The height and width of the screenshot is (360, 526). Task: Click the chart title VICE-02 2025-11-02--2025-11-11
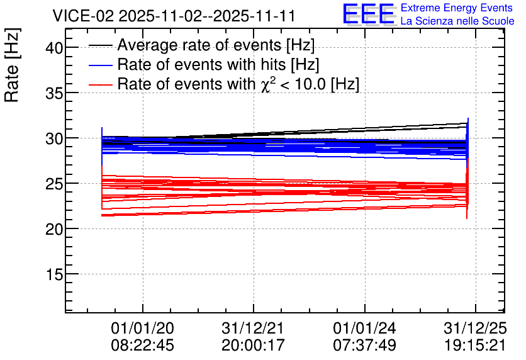click(174, 16)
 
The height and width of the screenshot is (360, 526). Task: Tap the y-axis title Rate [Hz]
click(12, 65)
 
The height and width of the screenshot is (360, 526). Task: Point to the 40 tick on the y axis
click(54, 48)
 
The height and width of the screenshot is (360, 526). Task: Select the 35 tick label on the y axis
click(54, 93)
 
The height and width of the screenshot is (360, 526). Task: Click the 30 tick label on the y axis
click(54, 138)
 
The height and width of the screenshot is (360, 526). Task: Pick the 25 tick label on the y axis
click(54, 184)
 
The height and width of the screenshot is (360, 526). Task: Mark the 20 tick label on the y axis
click(54, 229)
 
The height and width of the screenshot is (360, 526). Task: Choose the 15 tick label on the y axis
click(54, 274)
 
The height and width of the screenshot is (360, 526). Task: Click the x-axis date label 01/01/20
click(143, 328)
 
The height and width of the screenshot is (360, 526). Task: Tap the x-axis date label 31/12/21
click(253, 328)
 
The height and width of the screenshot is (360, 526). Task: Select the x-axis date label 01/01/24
click(365, 328)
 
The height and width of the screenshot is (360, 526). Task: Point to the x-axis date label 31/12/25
click(475, 328)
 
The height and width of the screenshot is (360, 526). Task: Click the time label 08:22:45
click(143, 345)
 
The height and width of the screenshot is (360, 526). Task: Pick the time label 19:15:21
click(475, 345)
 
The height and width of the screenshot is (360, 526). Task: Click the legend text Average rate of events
click(199, 45)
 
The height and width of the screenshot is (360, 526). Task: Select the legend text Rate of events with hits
click(201, 64)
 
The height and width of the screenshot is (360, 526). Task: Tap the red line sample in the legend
click(100, 84)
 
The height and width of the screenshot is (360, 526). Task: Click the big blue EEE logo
click(369, 14)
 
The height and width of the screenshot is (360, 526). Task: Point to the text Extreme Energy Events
click(457, 8)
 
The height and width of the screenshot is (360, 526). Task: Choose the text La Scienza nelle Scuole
click(457, 21)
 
